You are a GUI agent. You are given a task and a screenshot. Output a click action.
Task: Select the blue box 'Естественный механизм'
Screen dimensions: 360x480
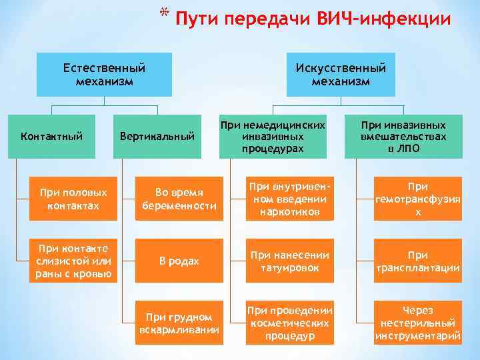point(104,75)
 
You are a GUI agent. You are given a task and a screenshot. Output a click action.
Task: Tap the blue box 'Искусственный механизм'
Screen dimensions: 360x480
point(341,75)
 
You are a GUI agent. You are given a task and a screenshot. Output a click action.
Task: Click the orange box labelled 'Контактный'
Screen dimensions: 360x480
point(52,137)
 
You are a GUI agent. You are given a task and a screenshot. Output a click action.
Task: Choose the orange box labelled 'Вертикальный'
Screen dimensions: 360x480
point(157,137)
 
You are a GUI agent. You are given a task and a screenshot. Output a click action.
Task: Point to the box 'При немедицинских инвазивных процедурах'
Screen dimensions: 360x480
point(273,137)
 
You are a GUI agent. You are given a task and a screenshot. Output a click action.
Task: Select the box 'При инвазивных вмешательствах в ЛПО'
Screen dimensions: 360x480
point(403,137)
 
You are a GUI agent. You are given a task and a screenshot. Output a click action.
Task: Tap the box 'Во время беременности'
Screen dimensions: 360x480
point(179,199)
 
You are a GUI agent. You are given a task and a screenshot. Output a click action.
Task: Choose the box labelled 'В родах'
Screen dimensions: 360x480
point(179,261)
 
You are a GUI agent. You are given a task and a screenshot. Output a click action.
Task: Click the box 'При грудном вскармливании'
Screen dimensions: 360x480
point(179,323)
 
